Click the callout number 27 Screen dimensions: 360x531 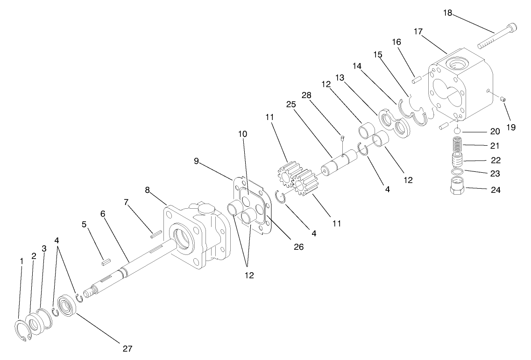coord(127,348)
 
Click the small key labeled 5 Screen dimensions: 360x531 coord(105,262)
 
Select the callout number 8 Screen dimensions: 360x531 coord(148,190)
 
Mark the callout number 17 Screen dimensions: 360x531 coord(418,31)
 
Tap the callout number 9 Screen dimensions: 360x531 coord(197,161)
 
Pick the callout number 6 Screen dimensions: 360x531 coord(104,213)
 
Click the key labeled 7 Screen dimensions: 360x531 coord(156,230)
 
